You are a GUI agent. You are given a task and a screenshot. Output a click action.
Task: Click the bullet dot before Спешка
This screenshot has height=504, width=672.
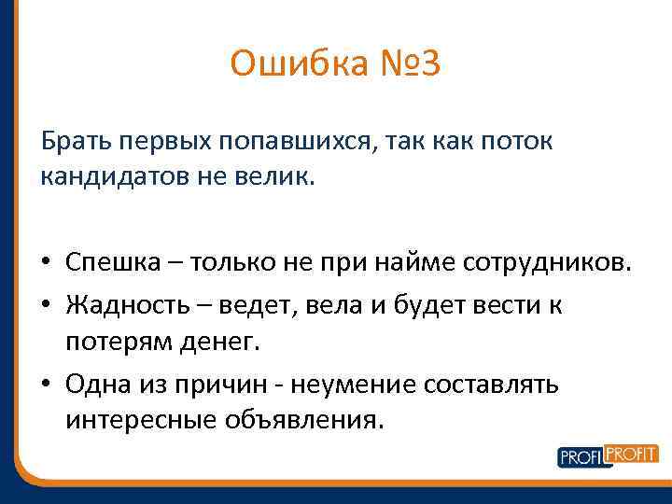pos(47,264)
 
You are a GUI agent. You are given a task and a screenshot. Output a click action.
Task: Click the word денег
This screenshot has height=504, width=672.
pos(221,342)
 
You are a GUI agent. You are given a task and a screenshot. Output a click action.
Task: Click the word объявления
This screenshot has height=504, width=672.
pos(302,419)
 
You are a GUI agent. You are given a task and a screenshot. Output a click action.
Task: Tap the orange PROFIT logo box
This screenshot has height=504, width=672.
pos(632,454)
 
